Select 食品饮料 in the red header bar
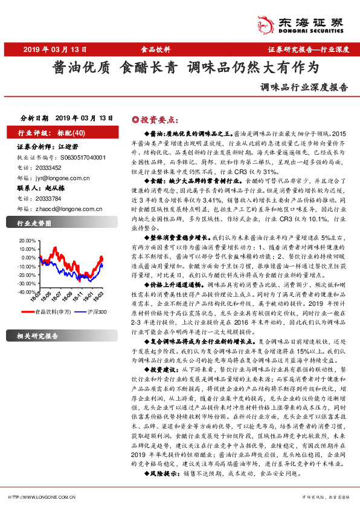tap(156, 50)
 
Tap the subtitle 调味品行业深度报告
tap(304, 86)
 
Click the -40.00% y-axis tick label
tap(27, 291)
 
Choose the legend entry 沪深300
tap(97, 312)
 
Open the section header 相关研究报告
tap(38, 336)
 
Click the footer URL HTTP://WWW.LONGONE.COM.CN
tap(43, 498)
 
